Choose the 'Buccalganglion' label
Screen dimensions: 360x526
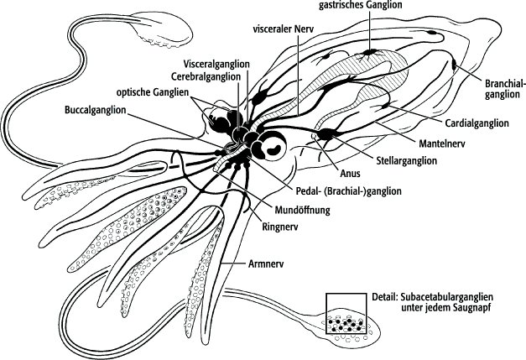[x=97, y=109]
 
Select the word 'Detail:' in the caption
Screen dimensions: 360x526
[x=386, y=297]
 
